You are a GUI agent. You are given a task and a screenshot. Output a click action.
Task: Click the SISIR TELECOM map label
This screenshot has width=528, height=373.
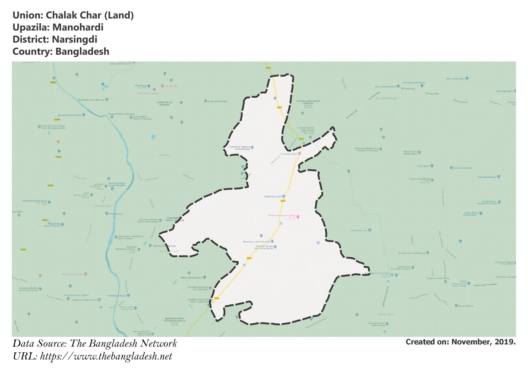click(273, 197)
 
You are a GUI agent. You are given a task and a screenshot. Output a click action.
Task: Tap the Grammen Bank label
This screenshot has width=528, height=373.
click(289, 154)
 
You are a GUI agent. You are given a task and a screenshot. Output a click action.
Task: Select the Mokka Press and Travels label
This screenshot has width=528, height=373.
click(282, 215)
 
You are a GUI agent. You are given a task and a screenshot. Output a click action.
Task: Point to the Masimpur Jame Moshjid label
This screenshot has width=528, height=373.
click(256, 242)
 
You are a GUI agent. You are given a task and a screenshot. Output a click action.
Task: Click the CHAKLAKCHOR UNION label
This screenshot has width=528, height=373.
click(308, 102)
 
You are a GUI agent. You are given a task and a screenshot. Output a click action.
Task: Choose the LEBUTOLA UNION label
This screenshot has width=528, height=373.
click(164, 104)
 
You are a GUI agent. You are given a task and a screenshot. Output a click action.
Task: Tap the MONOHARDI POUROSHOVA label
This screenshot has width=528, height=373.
click(175, 320)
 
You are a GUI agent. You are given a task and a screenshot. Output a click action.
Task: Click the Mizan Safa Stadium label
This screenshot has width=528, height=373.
click(192, 277)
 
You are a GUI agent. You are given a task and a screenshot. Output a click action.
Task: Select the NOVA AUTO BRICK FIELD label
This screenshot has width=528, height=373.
click(410, 153)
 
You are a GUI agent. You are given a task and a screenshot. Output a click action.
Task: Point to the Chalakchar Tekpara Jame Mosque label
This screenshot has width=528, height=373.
click(239, 148)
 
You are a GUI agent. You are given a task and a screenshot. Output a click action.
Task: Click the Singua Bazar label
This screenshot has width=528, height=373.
click(116, 214)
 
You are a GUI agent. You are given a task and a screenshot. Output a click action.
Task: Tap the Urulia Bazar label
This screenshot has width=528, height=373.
click(423, 166)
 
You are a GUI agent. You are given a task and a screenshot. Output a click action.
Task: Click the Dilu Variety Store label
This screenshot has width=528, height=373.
click(455, 79)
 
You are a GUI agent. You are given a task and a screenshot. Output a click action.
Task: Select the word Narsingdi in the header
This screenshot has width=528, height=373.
click(75, 39)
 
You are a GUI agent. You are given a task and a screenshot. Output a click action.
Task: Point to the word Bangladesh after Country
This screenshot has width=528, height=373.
click(82, 52)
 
